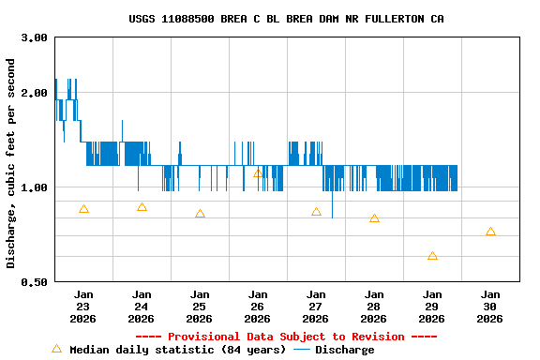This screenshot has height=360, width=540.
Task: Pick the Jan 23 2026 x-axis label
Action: click(83, 307)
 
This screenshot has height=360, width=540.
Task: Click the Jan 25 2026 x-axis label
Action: click(200, 307)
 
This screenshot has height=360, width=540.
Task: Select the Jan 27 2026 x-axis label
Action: click(316, 307)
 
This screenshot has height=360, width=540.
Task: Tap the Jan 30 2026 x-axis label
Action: click(489, 307)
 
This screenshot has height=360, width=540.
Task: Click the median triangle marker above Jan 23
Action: click(83, 209)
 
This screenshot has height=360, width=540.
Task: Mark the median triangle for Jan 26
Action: click(258, 173)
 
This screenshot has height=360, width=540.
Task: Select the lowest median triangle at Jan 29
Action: click(432, 256)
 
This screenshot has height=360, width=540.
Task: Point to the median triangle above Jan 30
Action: click(490, 232)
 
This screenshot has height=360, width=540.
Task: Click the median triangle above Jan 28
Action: click(374, 218)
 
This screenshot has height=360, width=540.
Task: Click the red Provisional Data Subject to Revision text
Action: click(286, 337)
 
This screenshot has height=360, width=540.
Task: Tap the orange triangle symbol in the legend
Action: click(56, 349)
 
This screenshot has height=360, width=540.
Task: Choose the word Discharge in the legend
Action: click(344, 350)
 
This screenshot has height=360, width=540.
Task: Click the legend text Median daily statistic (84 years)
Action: click(177, 350)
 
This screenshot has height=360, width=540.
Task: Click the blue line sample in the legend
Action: click(301, 350)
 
